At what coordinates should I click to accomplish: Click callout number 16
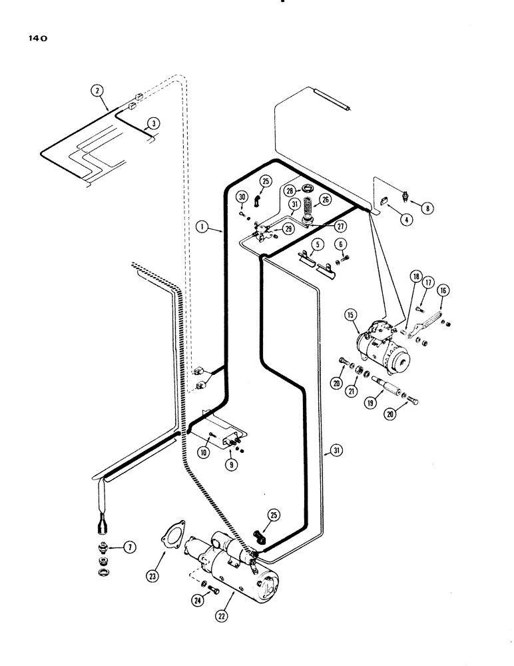coord(441,291)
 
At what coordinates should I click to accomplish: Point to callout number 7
coord(130,547)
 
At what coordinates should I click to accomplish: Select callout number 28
coord(291,190)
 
